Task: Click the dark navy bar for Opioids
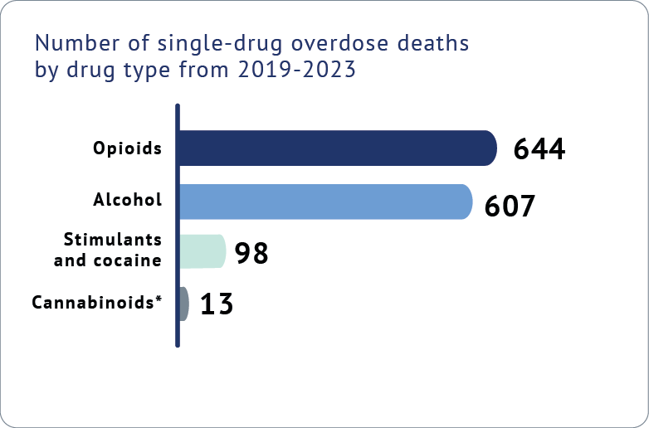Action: click(336, 148)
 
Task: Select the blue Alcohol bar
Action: click(324, 202)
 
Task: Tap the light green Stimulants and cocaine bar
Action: click(202, 251)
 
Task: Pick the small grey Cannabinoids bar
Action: click(184, 304)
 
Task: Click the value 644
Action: click(539, 149)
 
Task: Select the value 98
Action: click(251, 253)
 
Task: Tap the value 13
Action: click(216, 304)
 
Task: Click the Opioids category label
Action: click(127, 149)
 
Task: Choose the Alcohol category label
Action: click(127, 200)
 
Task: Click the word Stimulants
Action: click(112, 240)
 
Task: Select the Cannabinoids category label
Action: click(91, 303)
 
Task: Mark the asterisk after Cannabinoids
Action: click(158, 299)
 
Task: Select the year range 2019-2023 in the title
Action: click(296, 71)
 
